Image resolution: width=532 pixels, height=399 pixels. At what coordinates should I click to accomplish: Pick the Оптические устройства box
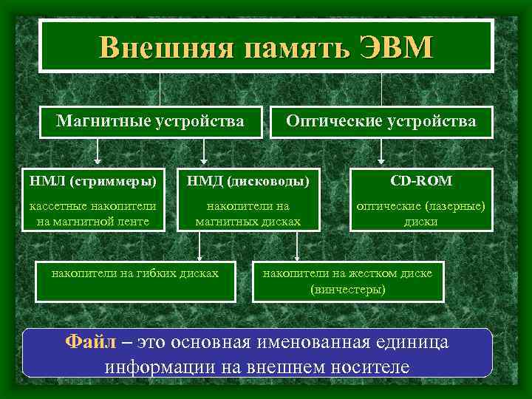[x=381, y=120]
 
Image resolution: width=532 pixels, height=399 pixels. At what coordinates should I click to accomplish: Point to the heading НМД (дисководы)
[x=248, y=180]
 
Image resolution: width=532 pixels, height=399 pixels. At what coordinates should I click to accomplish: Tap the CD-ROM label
[x=420, y=180]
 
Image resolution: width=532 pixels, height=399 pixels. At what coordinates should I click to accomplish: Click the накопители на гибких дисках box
[x=134, y=273]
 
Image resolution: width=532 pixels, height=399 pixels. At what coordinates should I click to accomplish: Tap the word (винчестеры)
[x=348, y=289]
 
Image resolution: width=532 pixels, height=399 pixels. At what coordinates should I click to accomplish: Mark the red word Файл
[x=89, y=342]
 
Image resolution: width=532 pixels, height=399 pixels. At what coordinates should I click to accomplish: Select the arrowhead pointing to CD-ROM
[x=381, y=159]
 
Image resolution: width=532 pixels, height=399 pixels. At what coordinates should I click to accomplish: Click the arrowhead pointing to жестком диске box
[x=296, y=256]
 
